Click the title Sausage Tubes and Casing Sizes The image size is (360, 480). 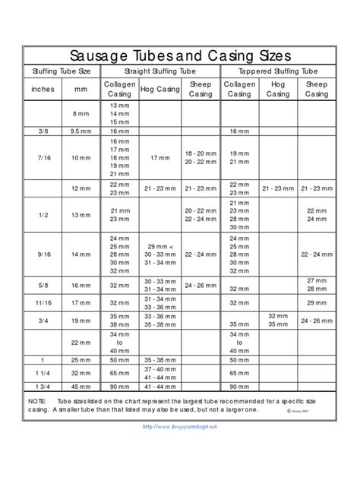(180, 55)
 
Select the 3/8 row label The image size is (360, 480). (42, 131)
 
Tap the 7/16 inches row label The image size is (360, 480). (42, 158)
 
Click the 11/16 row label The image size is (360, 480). (42, 302)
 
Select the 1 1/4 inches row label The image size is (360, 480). (42, 373)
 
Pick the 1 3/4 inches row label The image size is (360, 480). (42, 387)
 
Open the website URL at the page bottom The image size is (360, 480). (180, 427)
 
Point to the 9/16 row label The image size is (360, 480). (42, 254)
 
